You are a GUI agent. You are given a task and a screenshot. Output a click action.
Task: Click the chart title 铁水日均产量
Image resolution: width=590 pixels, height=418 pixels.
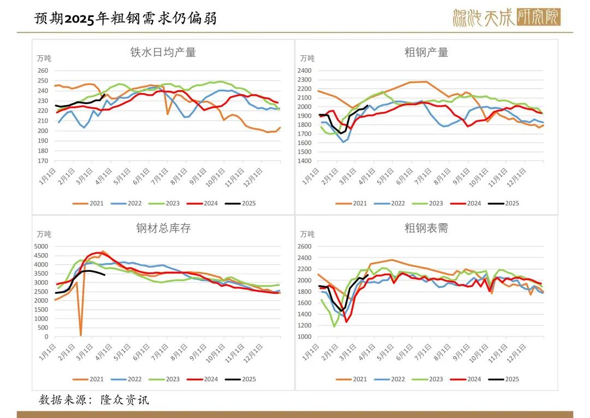163,53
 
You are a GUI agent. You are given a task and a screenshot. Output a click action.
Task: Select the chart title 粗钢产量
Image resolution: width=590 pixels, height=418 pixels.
426,53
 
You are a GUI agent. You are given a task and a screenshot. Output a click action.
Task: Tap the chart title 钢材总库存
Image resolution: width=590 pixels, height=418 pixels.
163,229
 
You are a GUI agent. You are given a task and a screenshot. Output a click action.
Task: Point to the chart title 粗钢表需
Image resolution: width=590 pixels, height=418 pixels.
426,229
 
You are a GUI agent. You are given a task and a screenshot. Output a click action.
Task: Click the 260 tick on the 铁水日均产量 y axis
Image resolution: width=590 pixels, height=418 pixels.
43,71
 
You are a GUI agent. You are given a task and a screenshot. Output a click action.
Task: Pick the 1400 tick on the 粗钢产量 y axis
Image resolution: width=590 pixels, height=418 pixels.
304,161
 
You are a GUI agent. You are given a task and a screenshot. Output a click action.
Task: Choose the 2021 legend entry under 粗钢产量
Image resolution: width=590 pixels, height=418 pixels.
353,204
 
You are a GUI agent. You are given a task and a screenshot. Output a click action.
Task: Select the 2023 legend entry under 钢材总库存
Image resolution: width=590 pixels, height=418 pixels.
166,379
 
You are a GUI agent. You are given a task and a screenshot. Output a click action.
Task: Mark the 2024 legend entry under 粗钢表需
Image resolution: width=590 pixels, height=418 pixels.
468,379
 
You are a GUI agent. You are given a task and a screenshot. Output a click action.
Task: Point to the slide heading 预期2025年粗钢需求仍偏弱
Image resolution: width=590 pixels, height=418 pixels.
125,19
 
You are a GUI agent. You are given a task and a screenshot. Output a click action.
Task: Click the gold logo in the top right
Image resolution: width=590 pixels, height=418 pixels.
506,18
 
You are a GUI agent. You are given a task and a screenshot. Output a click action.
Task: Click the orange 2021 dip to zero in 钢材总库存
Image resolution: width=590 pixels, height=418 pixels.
81,335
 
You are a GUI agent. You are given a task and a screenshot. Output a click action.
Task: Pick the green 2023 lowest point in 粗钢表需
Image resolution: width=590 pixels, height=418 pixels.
334,327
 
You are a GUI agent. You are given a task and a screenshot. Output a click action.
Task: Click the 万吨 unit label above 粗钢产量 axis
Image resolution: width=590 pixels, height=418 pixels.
307,58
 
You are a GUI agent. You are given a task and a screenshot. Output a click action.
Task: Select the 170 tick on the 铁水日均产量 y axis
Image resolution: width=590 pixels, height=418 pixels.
43,161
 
